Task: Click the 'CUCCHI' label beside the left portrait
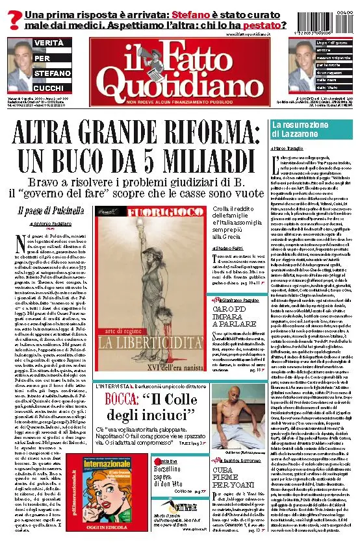pos(48,88)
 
